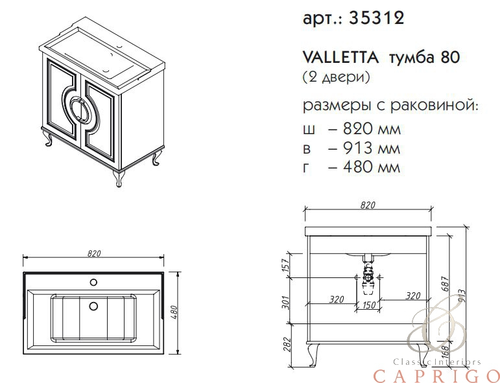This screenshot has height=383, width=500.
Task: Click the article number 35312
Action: [x=377, y=18]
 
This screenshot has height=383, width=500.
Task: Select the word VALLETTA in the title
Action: [x=340, y=58]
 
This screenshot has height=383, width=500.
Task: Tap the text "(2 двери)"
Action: [x=336, y=76]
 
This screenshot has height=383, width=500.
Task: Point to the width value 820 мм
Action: [x=372, y=129]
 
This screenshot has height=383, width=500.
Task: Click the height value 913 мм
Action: [x=372, y=148]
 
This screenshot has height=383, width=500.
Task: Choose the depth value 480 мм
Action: [x=372, y=167]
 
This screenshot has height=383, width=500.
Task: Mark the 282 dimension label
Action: [x=286, y=345]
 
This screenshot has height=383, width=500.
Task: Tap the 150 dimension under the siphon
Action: [x=369, y=305]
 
